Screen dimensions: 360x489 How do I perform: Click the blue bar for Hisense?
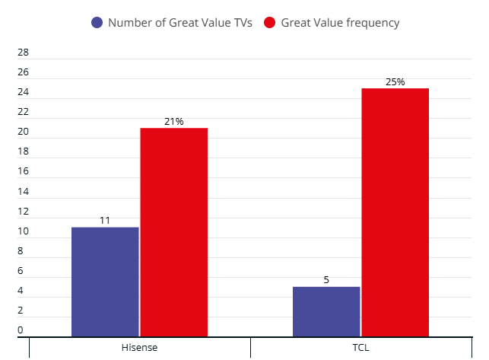click(x=105, y=282)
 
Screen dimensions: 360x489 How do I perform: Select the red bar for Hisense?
click(x=173, y=232)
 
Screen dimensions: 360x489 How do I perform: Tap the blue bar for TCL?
click(x=326, y=311)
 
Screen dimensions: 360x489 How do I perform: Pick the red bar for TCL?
click(x=395, y=212)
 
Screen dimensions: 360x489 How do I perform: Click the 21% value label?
click(x=173, y=121)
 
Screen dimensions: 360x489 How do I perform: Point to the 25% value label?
click(x=395, y=81)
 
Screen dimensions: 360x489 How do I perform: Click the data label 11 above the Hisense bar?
click(x=105, y=220)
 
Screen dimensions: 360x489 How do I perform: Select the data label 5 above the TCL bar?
click(x=326, y=279)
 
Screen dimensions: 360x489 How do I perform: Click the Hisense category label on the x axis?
click(x=139, y=348)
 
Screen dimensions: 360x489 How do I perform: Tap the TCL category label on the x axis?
click(x=360, y=348)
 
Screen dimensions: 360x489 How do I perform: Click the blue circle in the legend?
click(x=97, y=23)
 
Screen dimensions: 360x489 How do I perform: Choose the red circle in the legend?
click(x=270, y=23)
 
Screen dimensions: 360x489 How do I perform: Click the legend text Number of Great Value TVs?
click(x=179, y=23)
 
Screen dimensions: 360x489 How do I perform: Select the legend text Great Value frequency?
click(x=340, y=23)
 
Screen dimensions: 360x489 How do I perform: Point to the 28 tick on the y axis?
click(x=23, y=53)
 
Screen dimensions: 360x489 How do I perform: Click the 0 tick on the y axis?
click(x=21, y=330)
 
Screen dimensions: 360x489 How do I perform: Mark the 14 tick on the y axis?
click(x=23, y=192)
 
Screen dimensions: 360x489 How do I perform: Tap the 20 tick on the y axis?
click(x=23, y=132)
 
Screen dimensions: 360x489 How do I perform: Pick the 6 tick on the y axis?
click(x=21, y=271)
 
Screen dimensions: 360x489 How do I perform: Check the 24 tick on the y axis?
click(x=23, y=92)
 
